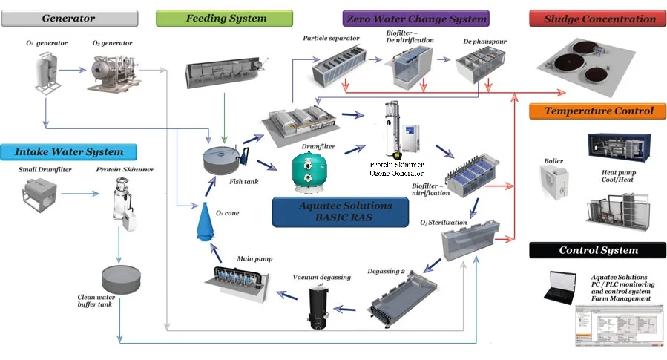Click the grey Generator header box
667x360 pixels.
coord(69,18)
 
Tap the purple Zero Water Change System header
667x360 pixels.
coord(415,18)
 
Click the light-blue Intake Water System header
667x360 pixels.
coord(69,152)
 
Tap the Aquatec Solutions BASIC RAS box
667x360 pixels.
coord(341,212)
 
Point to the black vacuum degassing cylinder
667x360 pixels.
coord(322,306)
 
